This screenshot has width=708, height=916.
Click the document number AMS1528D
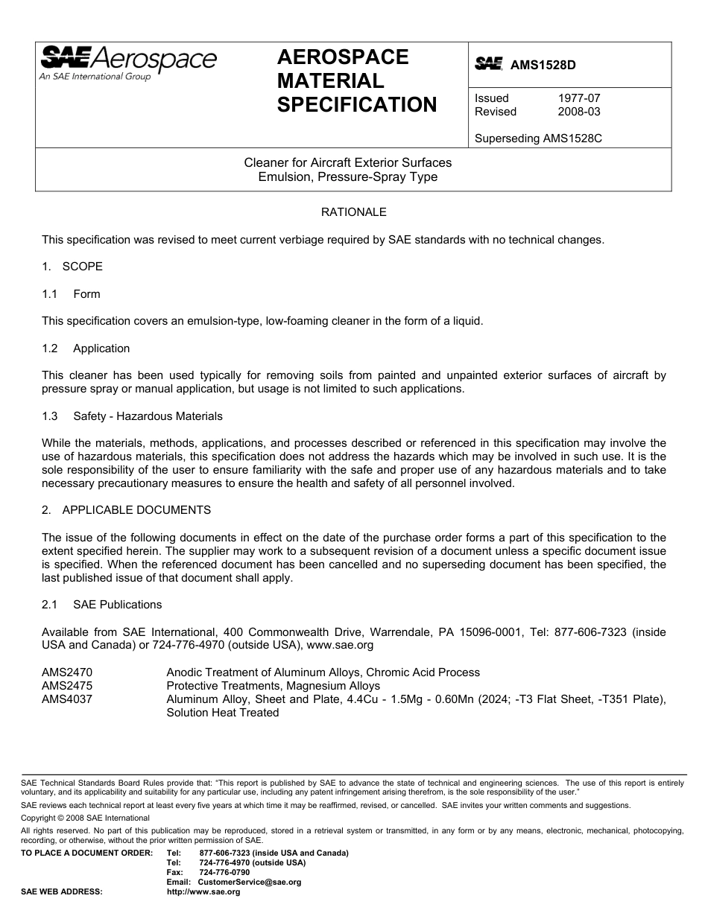[x=543, y=65]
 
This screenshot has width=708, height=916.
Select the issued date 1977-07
[x=578, y=98]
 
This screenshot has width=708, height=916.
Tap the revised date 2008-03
[x=578, y=112]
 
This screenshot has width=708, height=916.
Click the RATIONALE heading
[x=353, y=212]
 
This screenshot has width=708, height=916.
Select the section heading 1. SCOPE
[x=72, y=267]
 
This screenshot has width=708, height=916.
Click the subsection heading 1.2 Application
[x=86, y=349]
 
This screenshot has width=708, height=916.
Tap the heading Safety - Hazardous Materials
[x=148, y=416]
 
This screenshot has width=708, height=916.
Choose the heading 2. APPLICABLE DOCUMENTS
[x=126, y=510]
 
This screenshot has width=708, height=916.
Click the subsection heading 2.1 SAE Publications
[x=101, y=605]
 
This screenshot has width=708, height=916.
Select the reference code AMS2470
[x=67, y=672]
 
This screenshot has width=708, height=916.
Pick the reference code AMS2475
[x=67, y=686]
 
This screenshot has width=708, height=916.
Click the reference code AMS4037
[x=67, y=699]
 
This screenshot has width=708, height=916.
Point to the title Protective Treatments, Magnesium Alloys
[x=273, y=686]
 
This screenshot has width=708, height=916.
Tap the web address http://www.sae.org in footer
[x=203, y=891]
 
